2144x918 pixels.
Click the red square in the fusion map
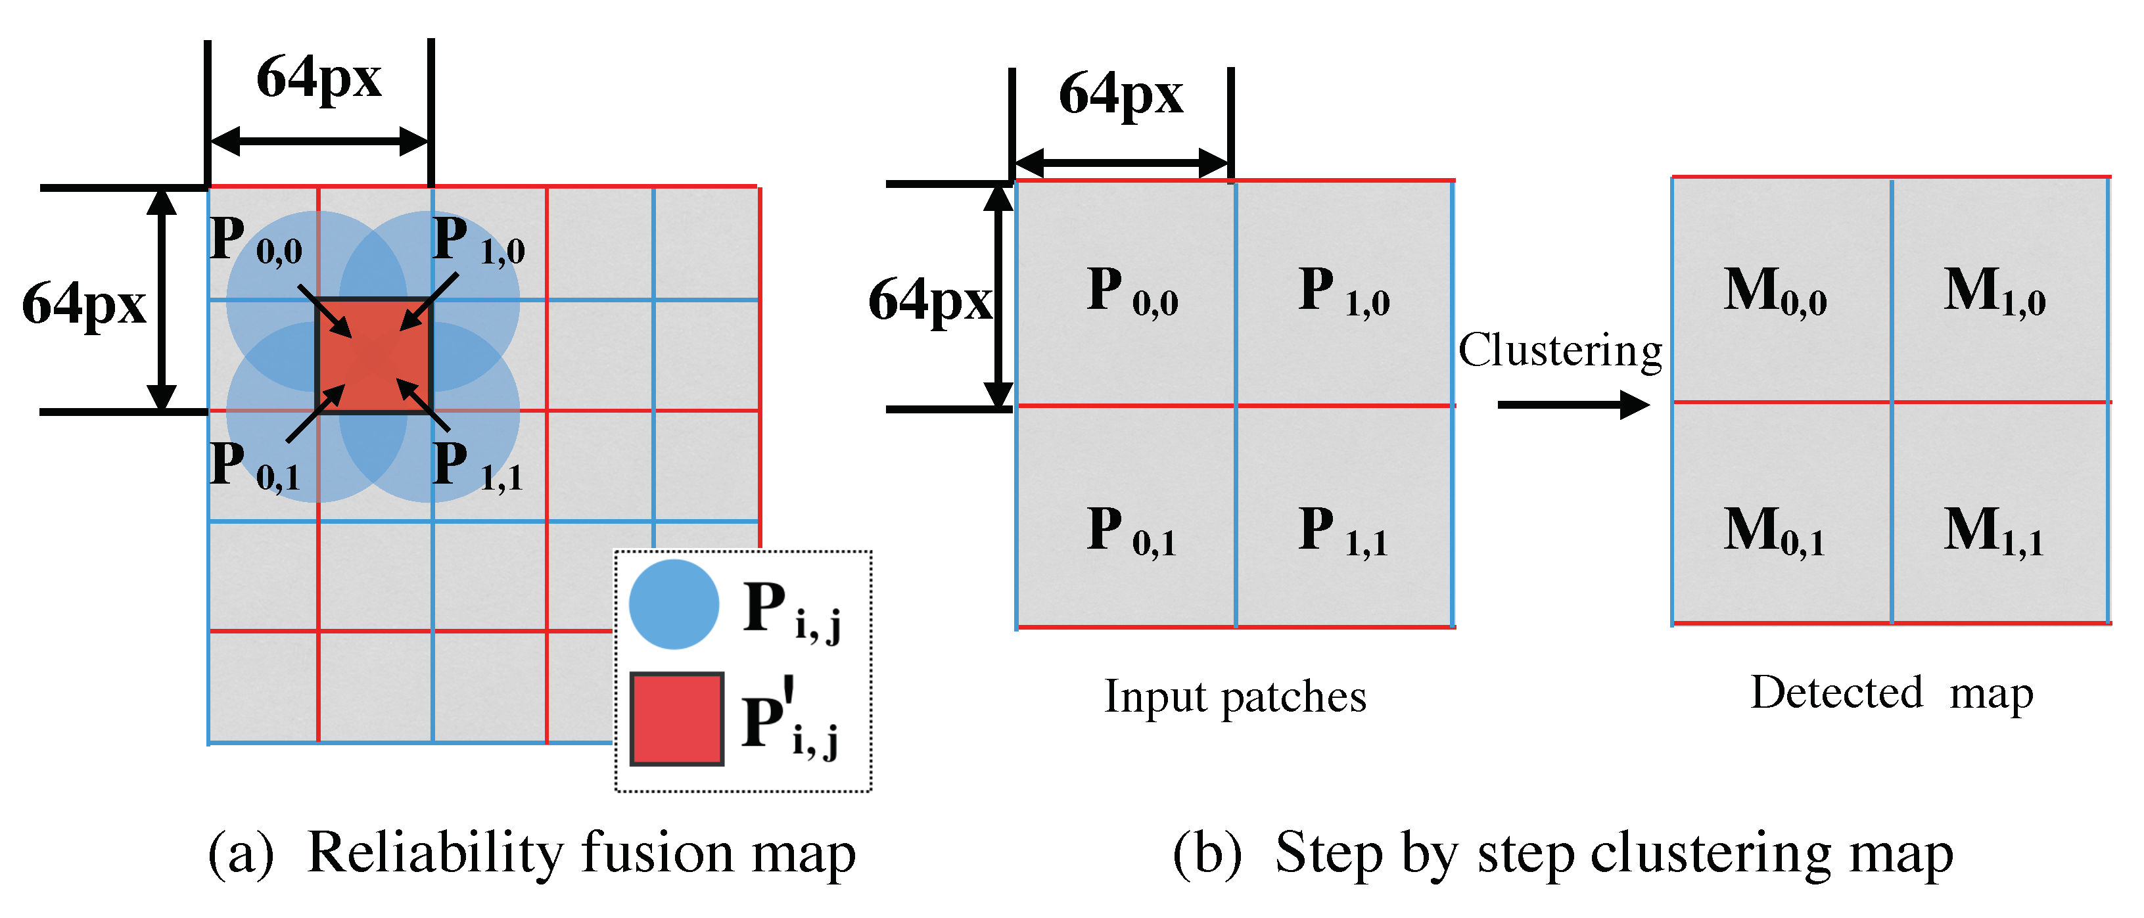[x=375, y=356]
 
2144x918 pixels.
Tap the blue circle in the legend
[x=673, y=605]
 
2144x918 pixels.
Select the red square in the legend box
[x=676, y=719]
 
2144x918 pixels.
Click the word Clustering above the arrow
[x=1560, y=350]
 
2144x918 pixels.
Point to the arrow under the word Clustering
[x=1572, y=405]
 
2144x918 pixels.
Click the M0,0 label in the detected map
[x=1775, y=292]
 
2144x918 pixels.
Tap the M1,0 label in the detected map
[x=1994, y=292]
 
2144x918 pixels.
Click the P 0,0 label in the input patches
[x=1132, y=292]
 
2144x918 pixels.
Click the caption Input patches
[x=1235, y=697]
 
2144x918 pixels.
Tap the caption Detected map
[x=1891, y=693]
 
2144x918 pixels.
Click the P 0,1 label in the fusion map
[x=254, y=466]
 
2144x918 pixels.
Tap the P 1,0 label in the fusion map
[x=479, y=241]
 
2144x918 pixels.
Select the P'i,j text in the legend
[x=791, y=721]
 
